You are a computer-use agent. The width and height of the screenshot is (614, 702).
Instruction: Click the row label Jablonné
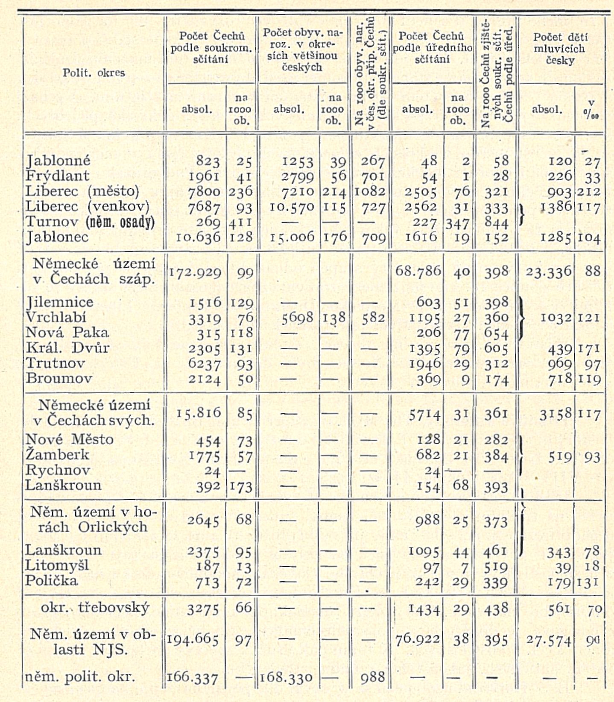[58, 161]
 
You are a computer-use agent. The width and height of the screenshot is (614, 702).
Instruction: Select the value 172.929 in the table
[195, 272]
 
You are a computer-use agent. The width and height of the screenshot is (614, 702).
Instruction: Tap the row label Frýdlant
[58, 175]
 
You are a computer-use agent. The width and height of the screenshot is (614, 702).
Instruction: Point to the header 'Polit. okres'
[94, 73]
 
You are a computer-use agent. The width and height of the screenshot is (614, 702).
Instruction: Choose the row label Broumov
[59, 378]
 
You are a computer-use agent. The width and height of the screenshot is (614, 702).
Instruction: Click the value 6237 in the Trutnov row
[205, 364]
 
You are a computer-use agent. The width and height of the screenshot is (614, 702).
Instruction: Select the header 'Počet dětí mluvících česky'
[559, 48]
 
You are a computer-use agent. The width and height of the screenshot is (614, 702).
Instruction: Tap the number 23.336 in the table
[548, 272]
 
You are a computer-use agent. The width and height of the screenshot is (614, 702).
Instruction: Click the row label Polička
[51, 581]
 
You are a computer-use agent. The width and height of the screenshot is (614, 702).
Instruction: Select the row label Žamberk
[57, 455]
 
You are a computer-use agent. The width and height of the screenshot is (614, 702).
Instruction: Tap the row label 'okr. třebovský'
[95, 607]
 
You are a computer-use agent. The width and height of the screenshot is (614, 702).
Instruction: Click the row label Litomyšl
[57, 565]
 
